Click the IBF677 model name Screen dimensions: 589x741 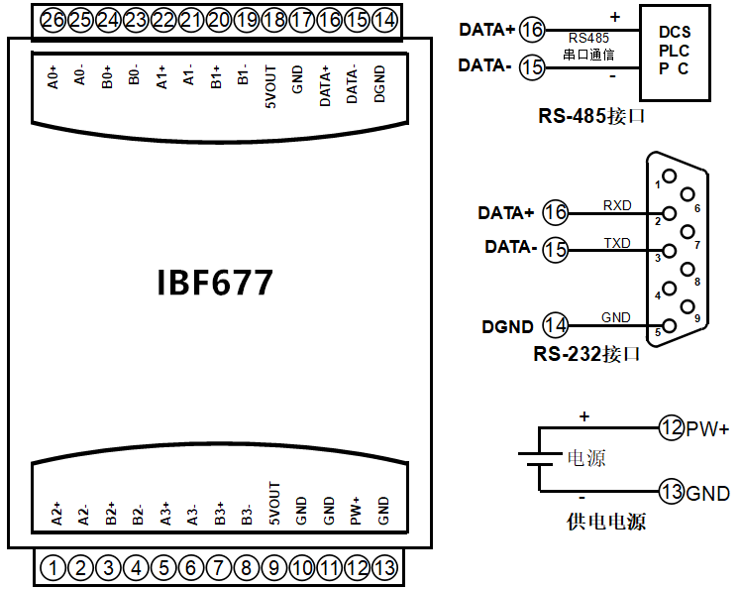[215, 284]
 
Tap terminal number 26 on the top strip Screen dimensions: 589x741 [53, 19]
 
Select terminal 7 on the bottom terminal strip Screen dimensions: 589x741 [219, 568]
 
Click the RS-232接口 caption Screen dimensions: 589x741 [586, 353]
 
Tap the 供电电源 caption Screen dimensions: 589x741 [605, 521]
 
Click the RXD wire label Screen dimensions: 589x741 [616, 205]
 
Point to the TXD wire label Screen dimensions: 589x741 [616, 242]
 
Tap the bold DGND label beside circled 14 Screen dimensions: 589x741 [507, 325]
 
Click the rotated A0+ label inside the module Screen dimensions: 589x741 [53, 78]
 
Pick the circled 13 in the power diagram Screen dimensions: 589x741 [672, 492]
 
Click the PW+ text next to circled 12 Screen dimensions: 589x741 [708, 428]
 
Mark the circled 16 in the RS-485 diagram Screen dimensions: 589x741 [532, 30]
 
